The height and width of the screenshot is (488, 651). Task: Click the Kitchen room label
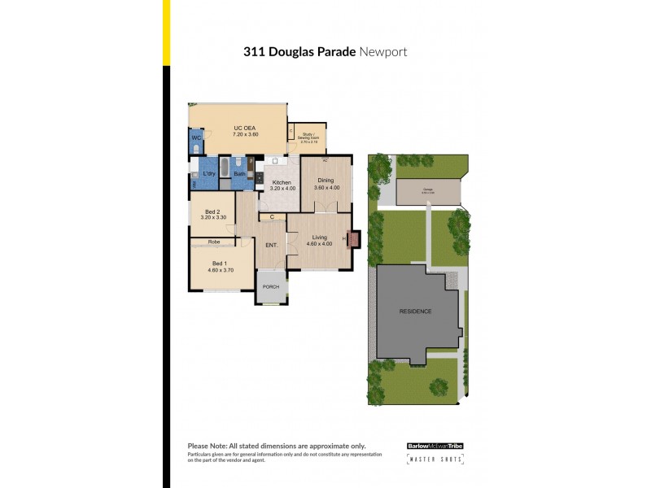coord(282,182)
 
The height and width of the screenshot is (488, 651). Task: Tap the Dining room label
coord(325,181)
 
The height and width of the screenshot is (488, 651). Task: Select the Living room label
coord(319,237)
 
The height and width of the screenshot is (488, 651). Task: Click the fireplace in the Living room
coord(353,239)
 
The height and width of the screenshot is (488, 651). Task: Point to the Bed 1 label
coord(218,263)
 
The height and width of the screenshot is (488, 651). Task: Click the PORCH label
coord(271,285)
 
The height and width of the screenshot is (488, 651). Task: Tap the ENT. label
coord(272,245)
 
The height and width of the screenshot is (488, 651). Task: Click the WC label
coord(196,139)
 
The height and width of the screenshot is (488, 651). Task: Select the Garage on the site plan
coord(428,191)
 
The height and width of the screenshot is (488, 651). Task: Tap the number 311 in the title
coord(253,52)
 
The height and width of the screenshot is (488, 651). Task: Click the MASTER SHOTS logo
coord(435,460)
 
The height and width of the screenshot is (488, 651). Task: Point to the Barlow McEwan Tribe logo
coord(435,446)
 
